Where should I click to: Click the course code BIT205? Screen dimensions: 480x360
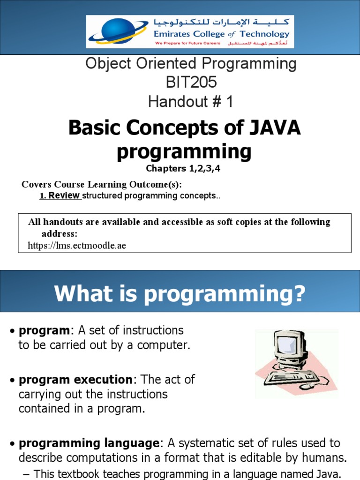(191, 82)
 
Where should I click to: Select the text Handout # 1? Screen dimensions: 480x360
(191, 101)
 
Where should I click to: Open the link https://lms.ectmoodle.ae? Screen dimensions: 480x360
(77, 245)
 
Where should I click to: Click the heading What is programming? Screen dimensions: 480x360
(180, 294)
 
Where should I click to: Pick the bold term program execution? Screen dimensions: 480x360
(75, 379)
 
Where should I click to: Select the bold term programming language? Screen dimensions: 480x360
(89, 443)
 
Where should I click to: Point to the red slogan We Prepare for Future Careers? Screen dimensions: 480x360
(188, 44)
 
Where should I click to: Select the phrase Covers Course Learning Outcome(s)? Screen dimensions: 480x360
(102, 184)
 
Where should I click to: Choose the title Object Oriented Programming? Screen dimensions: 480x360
(191, 64)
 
